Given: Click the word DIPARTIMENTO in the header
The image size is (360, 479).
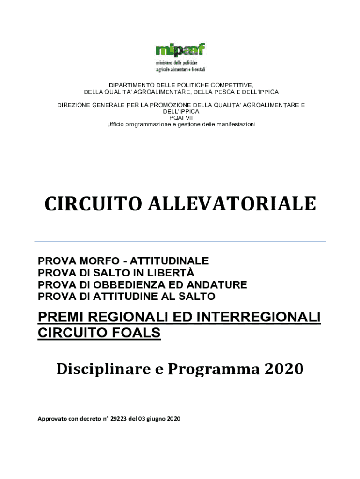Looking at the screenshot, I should (x=130, y=85).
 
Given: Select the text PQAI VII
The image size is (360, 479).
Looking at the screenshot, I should (x=180, y=118).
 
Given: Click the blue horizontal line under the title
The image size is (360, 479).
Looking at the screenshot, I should (x=180, y=242).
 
